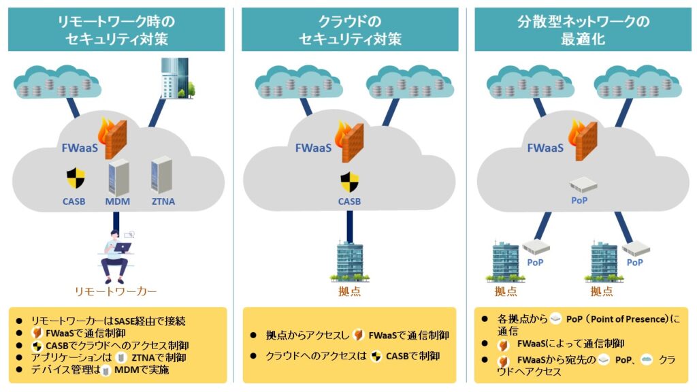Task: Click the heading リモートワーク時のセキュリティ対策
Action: tap(116, 30)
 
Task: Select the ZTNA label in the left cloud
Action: tap(163, 201)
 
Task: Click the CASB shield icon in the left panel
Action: tap(76, 178)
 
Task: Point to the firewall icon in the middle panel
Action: tap(350, 140)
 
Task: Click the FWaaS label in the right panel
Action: tap(545, 147)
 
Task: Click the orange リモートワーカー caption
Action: tap(116, 292)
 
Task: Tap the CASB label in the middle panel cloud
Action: tap(349, 201)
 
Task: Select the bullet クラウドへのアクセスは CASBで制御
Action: tap(348, 356)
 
